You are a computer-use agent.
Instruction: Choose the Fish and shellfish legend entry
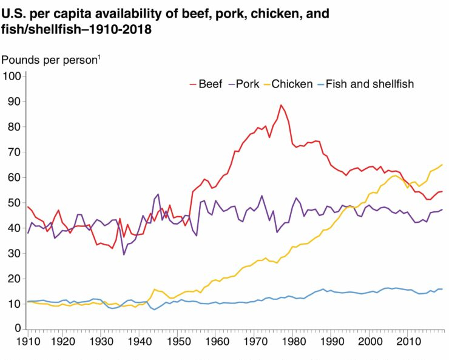pyautogui.click(x=370, y=84)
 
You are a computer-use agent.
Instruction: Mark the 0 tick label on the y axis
pyautogui.click(x=18, y=328)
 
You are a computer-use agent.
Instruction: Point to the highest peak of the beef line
pyautogui.click(x=281, y=105)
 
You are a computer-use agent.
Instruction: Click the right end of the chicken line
pyautogui.click(x=442, y=165)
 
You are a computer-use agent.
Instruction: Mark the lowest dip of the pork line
pyautogui.click(x=124, y=254)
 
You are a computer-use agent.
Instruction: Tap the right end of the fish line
pyautogui.click(x=442, y=289)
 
